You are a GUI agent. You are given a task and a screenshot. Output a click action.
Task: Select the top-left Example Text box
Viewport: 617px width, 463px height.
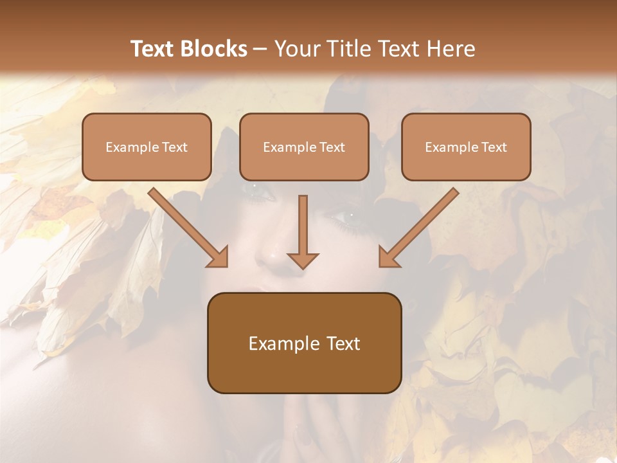point(147,147)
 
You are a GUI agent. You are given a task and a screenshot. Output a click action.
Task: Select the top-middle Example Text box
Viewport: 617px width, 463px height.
point(304,147)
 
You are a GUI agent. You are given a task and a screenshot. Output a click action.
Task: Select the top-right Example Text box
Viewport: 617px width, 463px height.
point(466,147)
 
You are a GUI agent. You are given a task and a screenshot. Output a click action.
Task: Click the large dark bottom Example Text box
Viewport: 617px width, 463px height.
point(304,343)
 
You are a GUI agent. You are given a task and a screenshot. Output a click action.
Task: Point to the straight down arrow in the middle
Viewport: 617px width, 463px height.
point(303,225)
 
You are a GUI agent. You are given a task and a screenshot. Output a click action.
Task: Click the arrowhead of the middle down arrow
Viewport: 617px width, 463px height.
point(303,259)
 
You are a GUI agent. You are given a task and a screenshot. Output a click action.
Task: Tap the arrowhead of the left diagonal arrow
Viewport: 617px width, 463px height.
point(219,257)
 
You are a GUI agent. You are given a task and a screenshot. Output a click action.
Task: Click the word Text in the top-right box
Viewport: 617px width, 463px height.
point(494,147)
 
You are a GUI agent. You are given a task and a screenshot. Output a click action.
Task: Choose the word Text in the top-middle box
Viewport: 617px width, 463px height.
point(332,147)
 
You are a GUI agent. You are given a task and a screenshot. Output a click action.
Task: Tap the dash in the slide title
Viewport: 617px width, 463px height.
point(260,50)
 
